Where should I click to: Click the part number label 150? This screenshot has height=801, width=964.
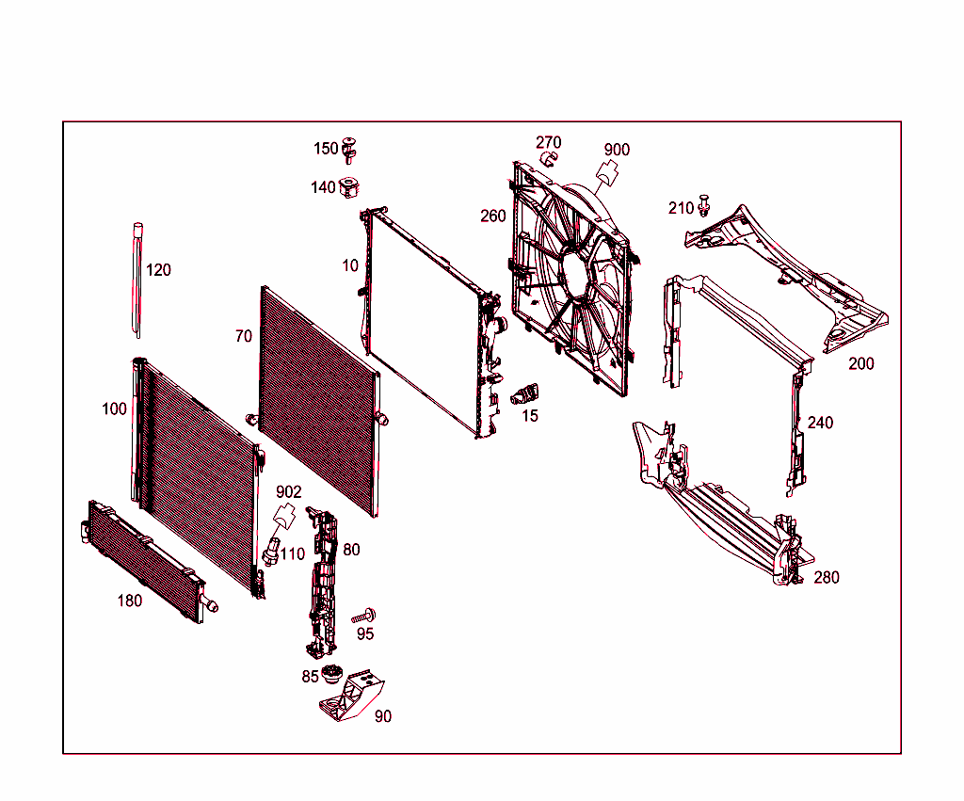325,149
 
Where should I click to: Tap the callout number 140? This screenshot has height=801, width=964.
323,187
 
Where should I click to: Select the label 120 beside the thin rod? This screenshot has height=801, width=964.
159,270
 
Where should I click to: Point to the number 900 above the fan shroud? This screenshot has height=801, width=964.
617,150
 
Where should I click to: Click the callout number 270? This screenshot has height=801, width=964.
549,142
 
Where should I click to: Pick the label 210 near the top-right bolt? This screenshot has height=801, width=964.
681,208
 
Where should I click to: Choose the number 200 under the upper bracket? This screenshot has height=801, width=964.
860,363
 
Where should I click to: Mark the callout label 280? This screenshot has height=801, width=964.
826,577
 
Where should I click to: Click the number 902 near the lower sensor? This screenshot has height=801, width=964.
289,491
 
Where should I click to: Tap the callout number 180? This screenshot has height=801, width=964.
129,601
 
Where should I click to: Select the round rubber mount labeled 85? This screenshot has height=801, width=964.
330,675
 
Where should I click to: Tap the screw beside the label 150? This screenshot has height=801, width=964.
350,148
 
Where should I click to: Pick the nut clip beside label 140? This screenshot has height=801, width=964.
350,186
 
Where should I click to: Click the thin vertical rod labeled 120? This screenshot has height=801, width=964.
137,278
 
